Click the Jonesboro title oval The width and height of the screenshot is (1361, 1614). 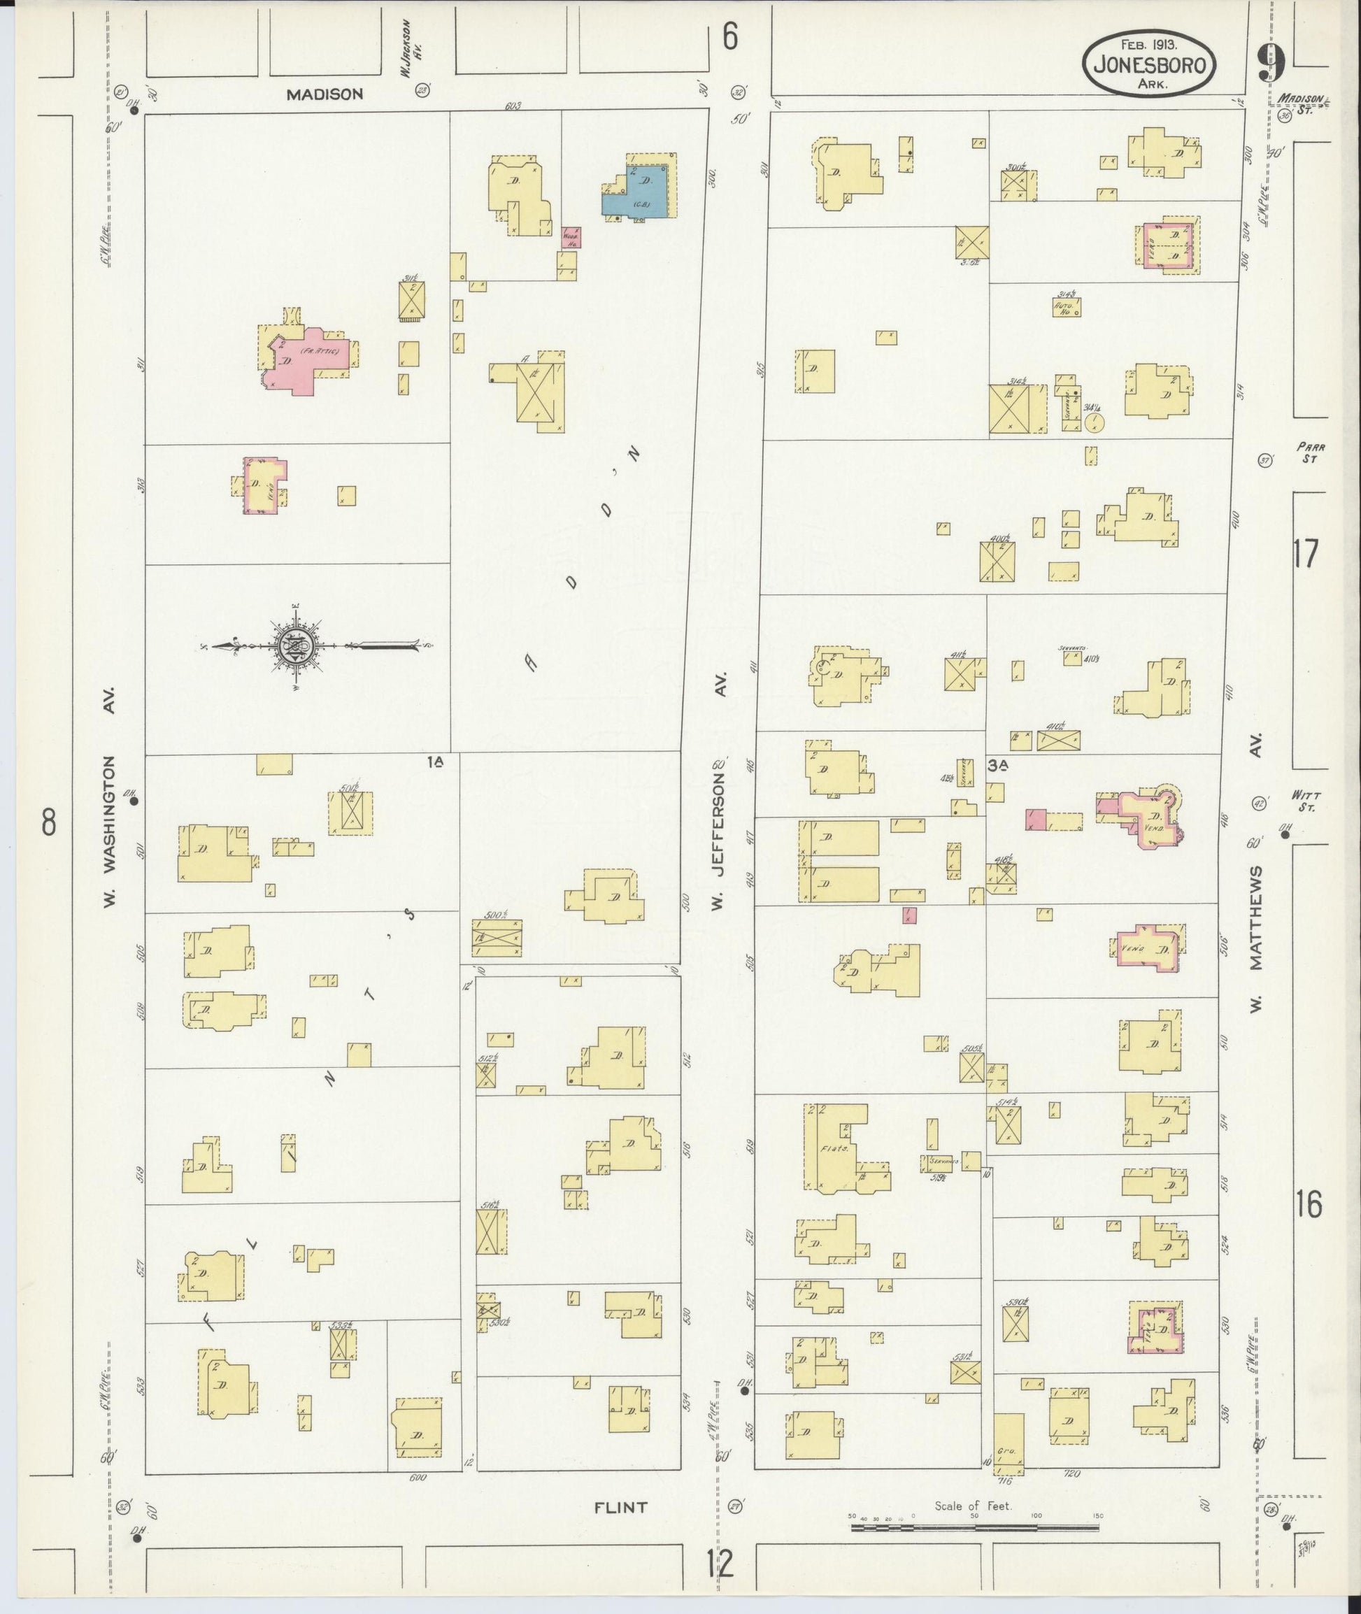(x=1149, y=65)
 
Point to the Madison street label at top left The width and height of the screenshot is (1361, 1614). (x=324, y=94)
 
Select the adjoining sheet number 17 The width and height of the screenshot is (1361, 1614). (x=1306, y=554)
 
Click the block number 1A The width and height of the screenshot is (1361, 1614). (x=436, y=762)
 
